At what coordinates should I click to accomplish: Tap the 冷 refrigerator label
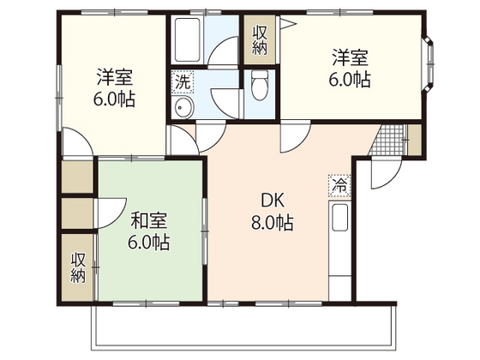point(339,183)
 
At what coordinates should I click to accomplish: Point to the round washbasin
point(183,109)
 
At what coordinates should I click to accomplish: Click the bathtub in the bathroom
point(187,38)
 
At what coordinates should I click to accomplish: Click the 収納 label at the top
point(260,39)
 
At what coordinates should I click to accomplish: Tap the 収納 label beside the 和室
point(78,267)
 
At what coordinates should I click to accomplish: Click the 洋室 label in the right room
point(351,57)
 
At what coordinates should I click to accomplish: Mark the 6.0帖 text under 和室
point(149,243)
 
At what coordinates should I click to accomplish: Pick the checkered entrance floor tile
point(390,141)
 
